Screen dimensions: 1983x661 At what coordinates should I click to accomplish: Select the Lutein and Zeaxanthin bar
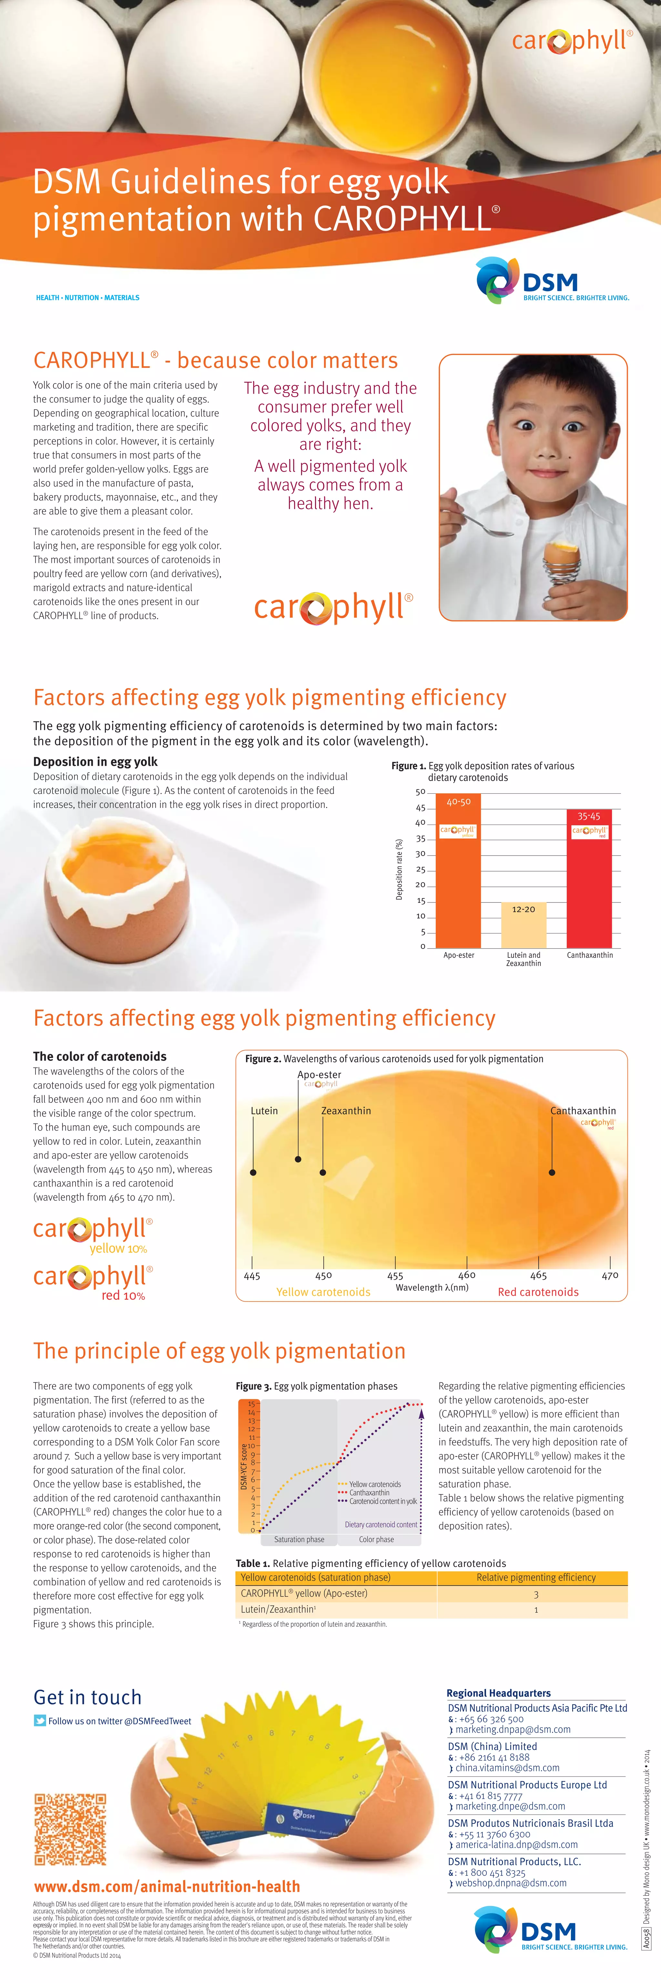[x=523, y=928]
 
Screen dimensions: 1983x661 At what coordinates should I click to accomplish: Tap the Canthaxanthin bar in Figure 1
[x=589, y=885]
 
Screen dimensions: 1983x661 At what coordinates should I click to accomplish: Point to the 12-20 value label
[x=523, y=909]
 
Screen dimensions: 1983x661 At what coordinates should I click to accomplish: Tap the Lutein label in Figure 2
[x=264, y=1111]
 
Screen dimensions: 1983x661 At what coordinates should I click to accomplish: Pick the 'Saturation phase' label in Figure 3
[x=299, y=1540]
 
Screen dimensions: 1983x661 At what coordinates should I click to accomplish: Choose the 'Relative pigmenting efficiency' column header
[x=535, y=1577]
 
